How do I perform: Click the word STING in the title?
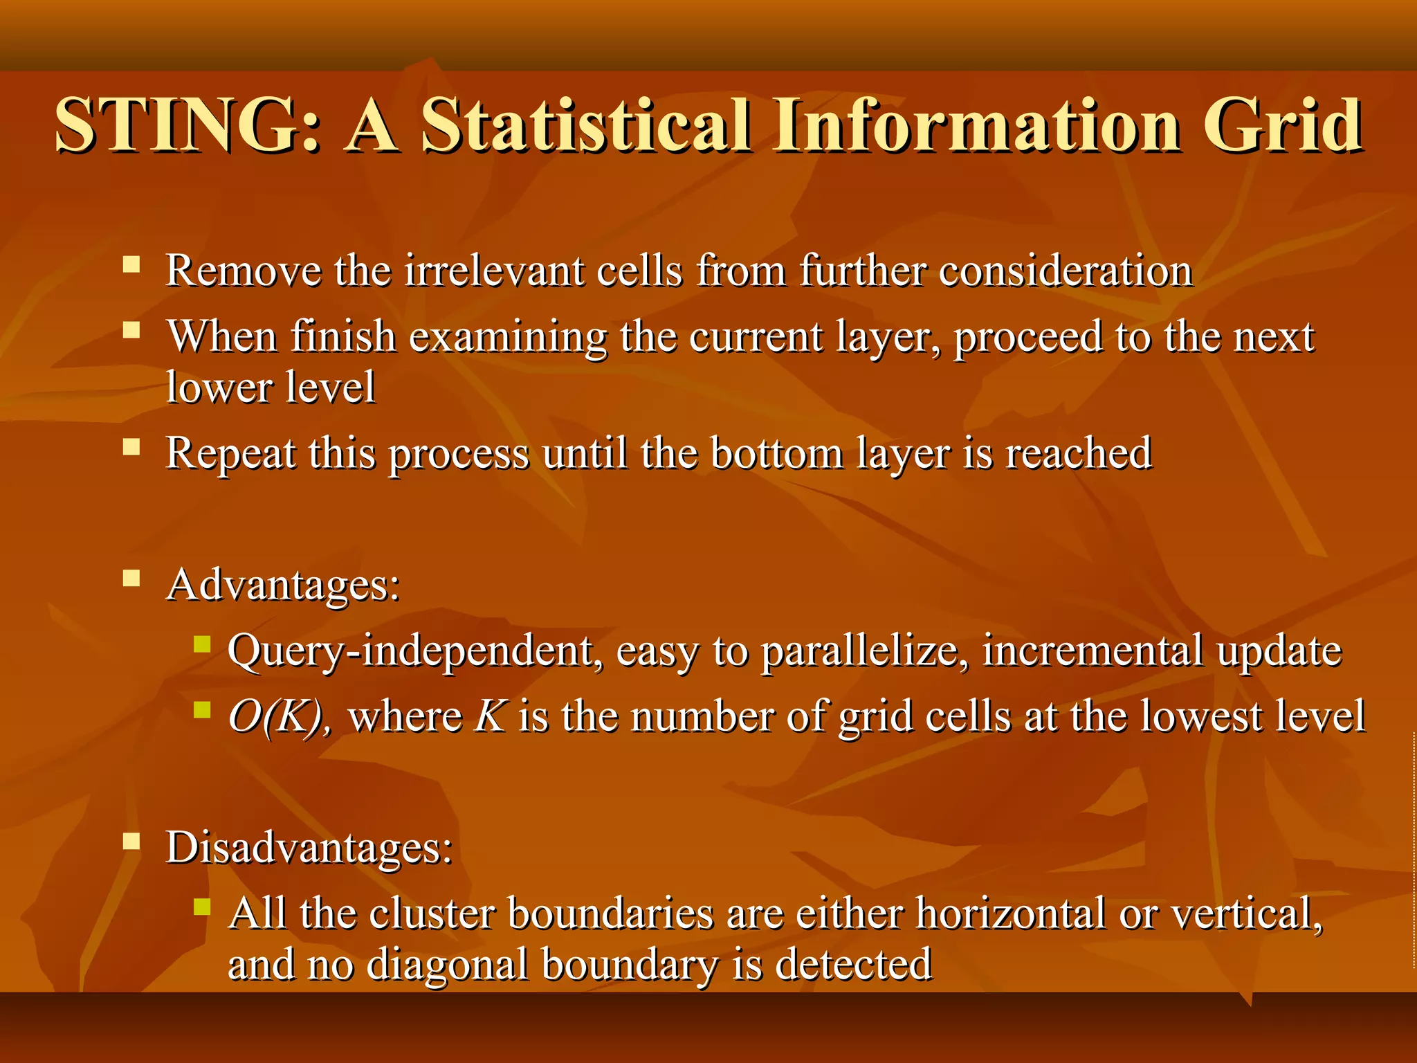click(187, 126)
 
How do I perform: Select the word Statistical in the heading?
click(585, 126)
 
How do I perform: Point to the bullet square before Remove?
click(131, 264)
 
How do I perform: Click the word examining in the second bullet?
click(507, 338)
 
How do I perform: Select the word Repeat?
click(230, 454)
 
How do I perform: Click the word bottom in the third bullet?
click(776, 454)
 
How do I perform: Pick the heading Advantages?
click(283, 585)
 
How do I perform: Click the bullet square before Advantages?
click(131, 579)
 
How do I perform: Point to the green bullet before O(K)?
click(201, 710)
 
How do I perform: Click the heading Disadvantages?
click(309, 847)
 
